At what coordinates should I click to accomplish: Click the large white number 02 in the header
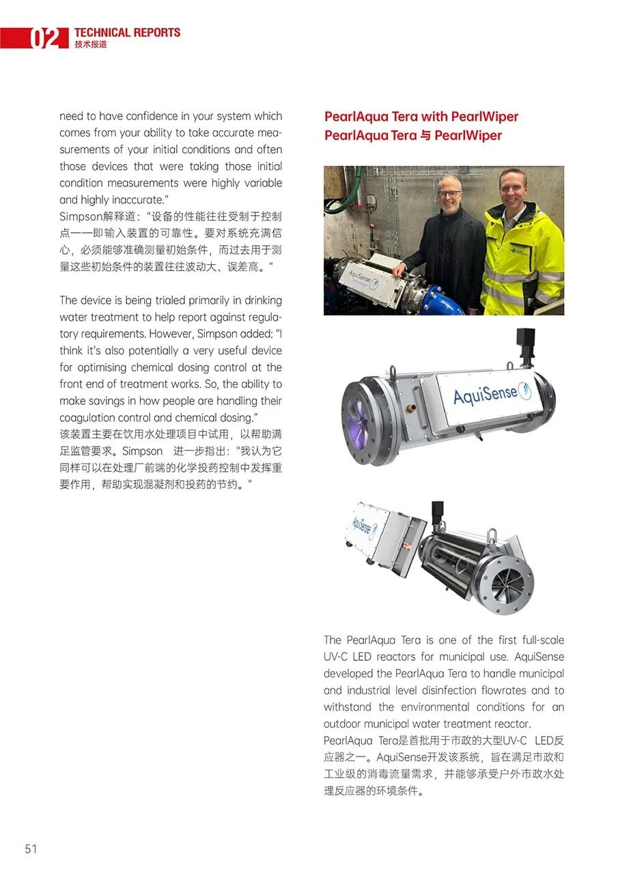click(45, 38)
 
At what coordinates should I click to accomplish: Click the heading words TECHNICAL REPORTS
click(127, 32)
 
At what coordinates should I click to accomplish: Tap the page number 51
click(31, 849)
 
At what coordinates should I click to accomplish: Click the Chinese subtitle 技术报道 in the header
click(91, 44)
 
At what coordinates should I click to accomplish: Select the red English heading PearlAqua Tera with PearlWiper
click(421, 116)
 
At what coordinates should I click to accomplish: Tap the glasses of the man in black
click(449, 193)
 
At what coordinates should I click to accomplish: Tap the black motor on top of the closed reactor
click(525, 346)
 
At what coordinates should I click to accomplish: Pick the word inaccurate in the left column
click(134, 199)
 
